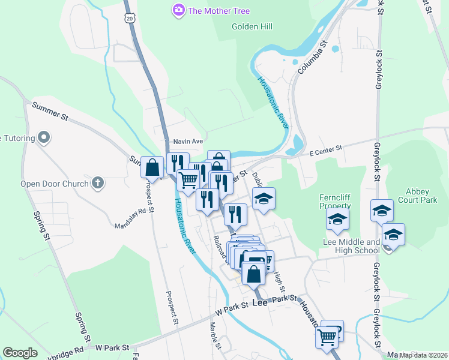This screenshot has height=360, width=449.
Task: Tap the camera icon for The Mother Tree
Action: click(x=178, y=10)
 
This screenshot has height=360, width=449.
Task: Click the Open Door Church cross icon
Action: click(x=98, y=183)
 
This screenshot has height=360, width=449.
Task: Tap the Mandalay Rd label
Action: click(x=131, y=218)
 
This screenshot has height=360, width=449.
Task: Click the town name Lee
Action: click(x=259, y=304)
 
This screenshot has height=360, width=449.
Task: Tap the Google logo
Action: click(x=20, y=353)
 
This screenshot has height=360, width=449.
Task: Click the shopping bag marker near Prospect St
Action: click(x=152, y=167)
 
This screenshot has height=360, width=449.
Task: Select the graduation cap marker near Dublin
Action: click(x=264, y=199)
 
